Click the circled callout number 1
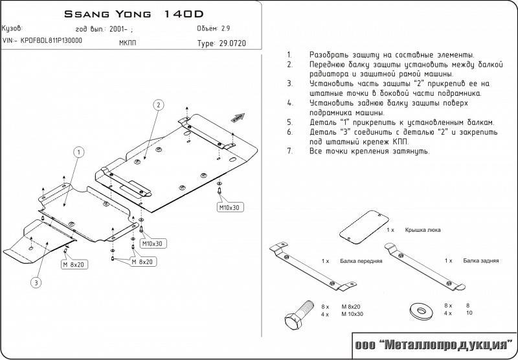78,152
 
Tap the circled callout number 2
157,105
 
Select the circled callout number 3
36,282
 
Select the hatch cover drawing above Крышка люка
363,228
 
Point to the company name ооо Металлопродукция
433,345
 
